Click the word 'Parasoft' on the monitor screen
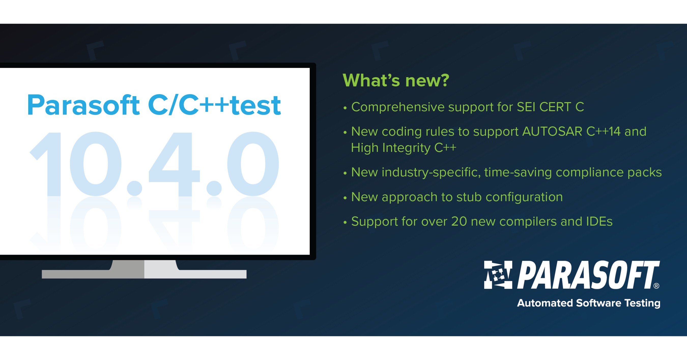(x=83, y=105)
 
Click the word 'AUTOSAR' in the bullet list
(x=552, y=132)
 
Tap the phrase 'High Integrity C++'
(x=404, y=148)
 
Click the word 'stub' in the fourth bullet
(x=469, y=197)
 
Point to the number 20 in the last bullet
(x=459, y=221)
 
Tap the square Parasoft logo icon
(x=498, y=275)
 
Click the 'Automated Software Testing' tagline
(x=588, y=303)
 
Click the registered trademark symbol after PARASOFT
(x=656, y=286)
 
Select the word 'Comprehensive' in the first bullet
(x=397, y=107)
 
